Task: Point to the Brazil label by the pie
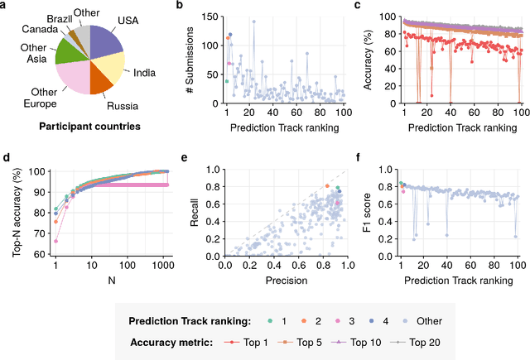pos(59,17)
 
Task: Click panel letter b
pos(181,7)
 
